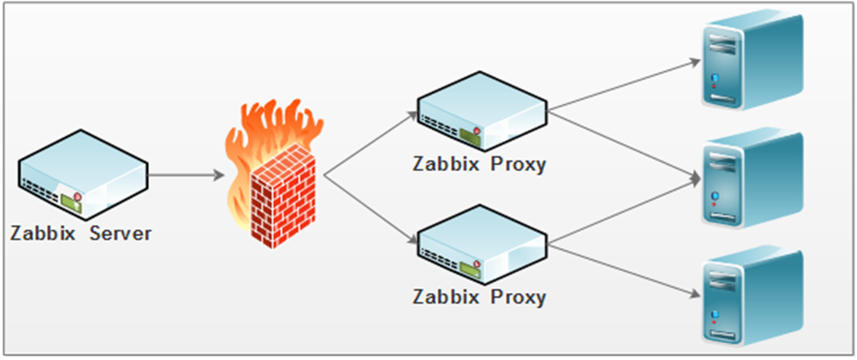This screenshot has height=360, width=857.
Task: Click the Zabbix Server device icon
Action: click(x=83, y=175)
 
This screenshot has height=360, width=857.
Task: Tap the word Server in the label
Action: click(x=121, y=233)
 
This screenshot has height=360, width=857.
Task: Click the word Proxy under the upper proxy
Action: click(x=518, y=165)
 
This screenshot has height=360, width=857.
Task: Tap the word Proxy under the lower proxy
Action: click(x=518, y=298)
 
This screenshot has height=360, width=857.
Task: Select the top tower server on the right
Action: click(x=752, y=59)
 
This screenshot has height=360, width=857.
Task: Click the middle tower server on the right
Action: click(x=752, y=178)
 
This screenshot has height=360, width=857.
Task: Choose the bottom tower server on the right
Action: click(x=752, y=297)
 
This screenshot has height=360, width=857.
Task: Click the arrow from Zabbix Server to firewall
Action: click(x=186, y=175)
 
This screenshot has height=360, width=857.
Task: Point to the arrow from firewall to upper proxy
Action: click(x=370, y=144)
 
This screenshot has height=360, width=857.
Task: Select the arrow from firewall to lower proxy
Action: click(x=370, y=209)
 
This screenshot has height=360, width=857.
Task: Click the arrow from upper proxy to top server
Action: click(x=624, y=85)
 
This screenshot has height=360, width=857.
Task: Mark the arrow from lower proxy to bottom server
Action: click(x=624, y=270)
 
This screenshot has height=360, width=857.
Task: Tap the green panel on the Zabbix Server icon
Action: click(x=72, y=204)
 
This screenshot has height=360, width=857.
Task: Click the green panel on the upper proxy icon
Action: click(x=470, y=137)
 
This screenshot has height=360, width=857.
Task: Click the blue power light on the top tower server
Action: click(x=714, y=78)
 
